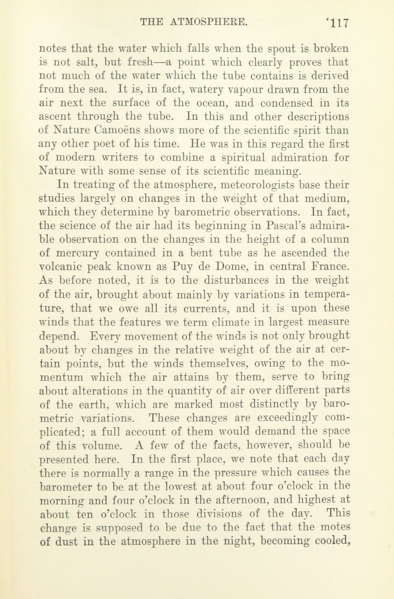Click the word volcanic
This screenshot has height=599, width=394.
pos(61,267)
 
